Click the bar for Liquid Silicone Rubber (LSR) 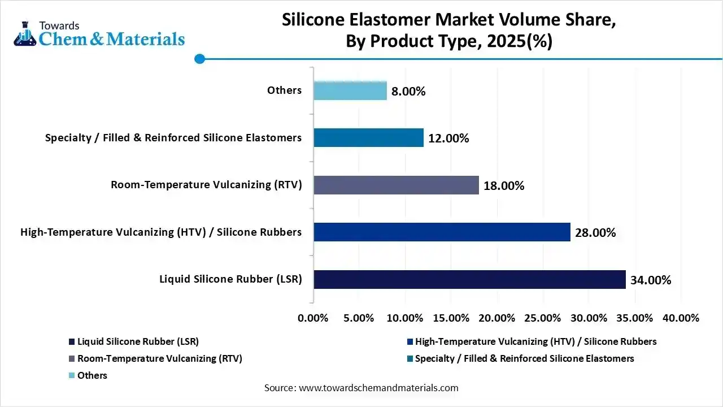[469, 279]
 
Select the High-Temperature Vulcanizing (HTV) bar [442, 232]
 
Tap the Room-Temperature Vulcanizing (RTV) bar [396, 185]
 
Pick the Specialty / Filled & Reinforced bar [368, 137]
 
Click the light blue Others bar [350, 90]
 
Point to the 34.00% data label [651, 280]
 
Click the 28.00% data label [595, 232]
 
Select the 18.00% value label [504, 185]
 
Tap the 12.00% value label [448, 138]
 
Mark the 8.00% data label [408, 91]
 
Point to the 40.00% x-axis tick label [681, 318]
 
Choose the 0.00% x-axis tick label [313, 318]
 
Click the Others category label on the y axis [285, 90]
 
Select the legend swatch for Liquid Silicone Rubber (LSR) [72, 342]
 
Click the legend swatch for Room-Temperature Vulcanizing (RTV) [72, 359]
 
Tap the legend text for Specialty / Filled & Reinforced [524, 358]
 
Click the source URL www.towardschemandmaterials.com [378, 388]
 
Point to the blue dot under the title [199, 58]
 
